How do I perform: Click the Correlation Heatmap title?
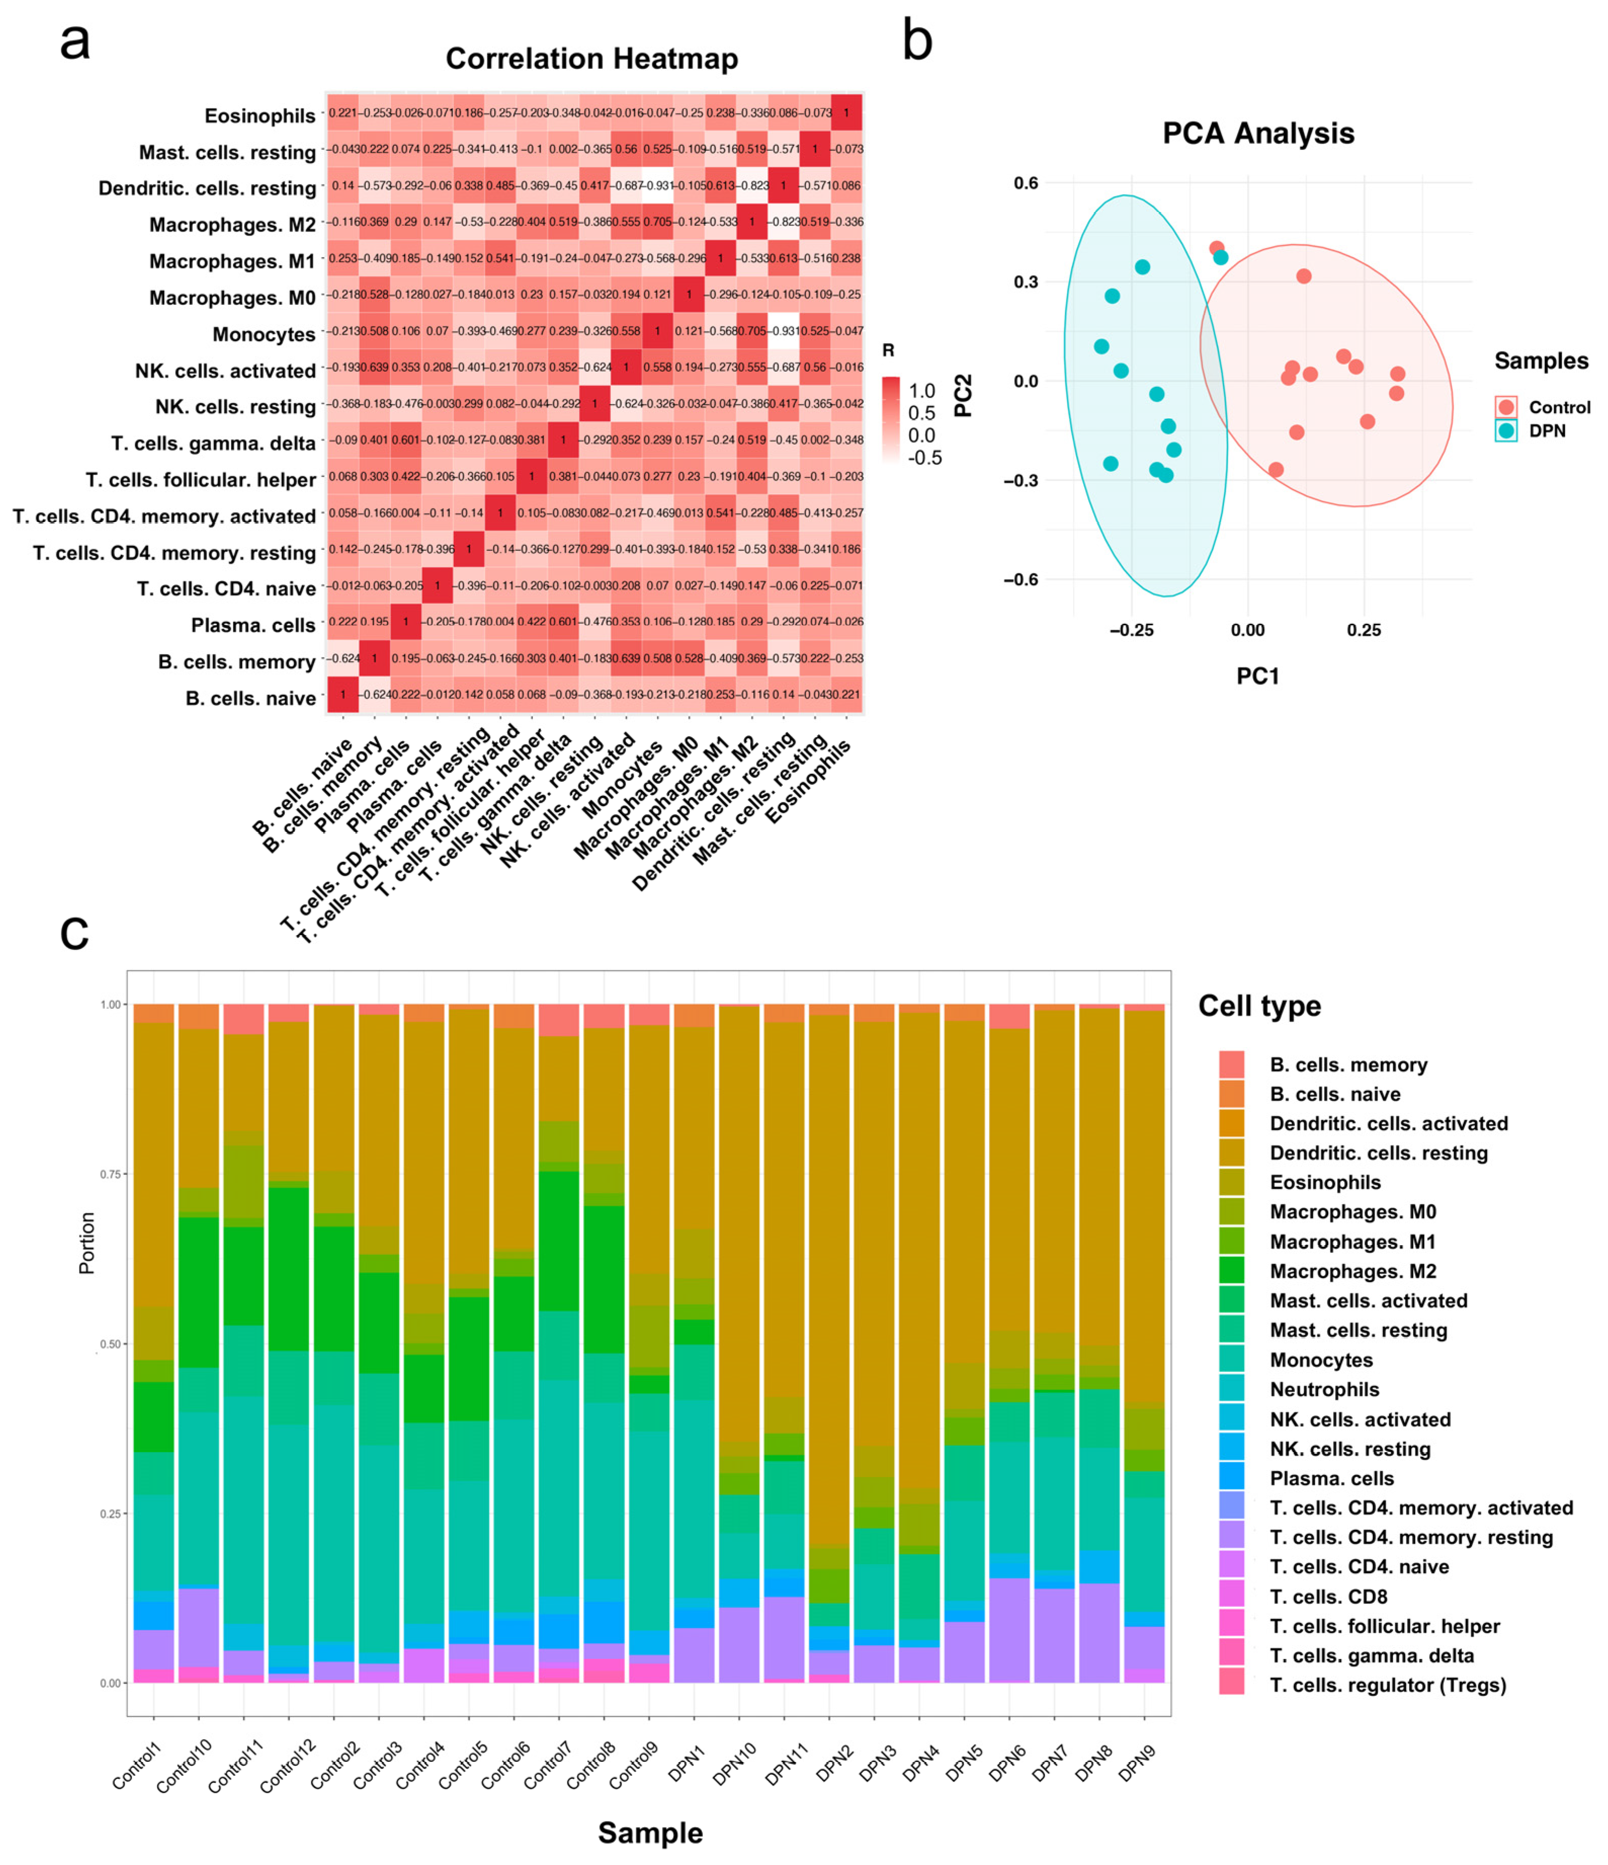click(591, 59)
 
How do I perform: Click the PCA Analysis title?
click(1257, 133)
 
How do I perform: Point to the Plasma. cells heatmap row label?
click(253, 625)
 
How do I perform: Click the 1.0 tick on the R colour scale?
click(922, 390)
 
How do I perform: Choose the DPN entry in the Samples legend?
click(1546, 431)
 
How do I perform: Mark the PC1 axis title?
click(1257, 676)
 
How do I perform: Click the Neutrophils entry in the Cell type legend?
click(1324, 1390)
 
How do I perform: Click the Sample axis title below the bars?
click(650, 1833)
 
